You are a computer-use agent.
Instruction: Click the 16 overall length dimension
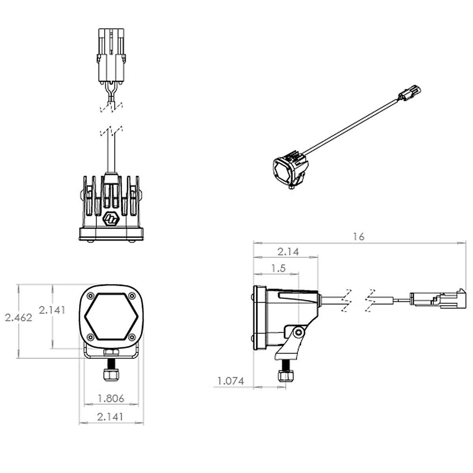(359, 236)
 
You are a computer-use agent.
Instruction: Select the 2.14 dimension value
(288, 251)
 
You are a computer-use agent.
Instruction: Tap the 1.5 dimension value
(278, 268)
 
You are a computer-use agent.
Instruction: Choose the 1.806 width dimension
(111, 399)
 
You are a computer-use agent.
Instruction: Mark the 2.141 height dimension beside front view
(52, 310)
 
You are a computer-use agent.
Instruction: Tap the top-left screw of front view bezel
(91, 296)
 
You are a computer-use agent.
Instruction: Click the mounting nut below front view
(111, 374)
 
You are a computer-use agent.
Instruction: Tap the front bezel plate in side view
(259, 318)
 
